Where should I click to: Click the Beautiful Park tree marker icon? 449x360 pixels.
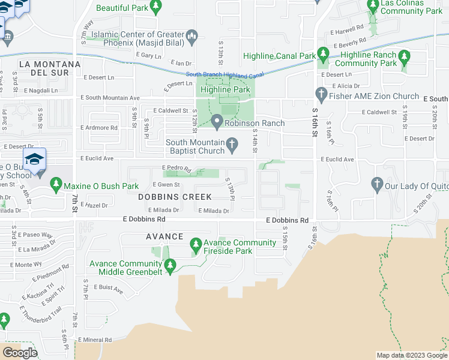(156, 8)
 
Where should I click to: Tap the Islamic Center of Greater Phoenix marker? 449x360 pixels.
(192, 37)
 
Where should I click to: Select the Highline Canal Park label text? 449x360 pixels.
(279, 56)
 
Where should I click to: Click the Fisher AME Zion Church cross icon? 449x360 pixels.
(321, 95)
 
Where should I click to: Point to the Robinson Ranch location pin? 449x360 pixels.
(217, 122)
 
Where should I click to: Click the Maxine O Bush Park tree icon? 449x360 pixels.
(56, 182)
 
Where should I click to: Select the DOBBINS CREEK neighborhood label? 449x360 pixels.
(175, 197)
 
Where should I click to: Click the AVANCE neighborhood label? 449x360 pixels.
(164, 237)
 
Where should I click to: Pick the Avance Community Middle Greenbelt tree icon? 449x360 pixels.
(170, 265)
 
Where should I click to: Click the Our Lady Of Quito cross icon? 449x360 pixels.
(377, 185)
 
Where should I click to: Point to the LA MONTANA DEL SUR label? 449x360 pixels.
(50, 68)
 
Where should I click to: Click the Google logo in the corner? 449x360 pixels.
(20, 352)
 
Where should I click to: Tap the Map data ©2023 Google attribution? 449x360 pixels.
(411, 355)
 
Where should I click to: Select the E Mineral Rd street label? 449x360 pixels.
(95, 340)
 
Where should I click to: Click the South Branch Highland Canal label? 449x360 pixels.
(224, 75)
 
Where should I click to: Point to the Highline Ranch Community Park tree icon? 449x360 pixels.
(405, 57)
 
